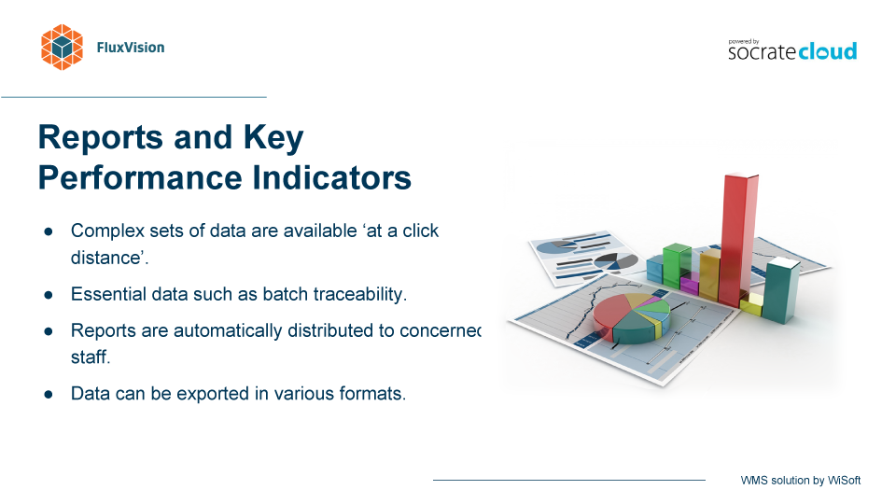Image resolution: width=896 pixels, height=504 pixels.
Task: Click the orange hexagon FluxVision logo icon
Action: pyautogui.click(x=62, y=48)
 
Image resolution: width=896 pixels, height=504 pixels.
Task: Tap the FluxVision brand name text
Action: pyautogui.click(x=131, y=48)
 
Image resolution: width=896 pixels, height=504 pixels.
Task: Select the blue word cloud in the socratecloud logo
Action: pyautogui.click(x=828, y=50)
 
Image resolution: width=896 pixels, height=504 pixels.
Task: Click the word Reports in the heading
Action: pyautogui.click(x=101, y=138)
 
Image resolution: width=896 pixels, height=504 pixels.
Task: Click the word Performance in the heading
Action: pyautogui.click(x=141, y=177)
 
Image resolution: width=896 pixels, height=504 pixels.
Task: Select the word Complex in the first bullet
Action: pyautogui.click(x=107, y=231)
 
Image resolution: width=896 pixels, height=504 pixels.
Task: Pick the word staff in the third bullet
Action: pyautogui.click(x=90, y=357)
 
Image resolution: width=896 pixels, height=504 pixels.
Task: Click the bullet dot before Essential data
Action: pyautogui.click(x=49, y=295)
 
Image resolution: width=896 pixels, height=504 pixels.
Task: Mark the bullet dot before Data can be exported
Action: pyautogui.click(x=49, y=394)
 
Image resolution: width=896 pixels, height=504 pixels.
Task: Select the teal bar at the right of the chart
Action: pyautogui.click(x=782, y=290)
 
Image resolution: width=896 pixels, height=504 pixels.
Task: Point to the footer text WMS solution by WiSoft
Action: pyautogui.click(x=801, y=481)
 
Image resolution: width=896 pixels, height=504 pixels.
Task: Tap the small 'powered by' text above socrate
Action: pyautogui.click(x=744, y=42)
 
